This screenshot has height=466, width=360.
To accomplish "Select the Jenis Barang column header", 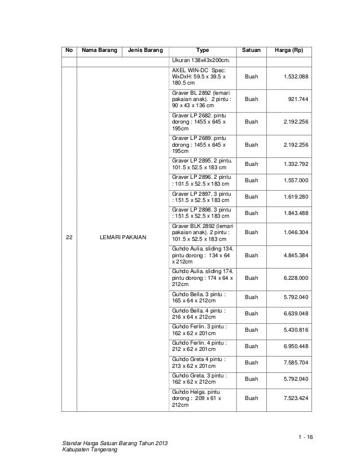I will tap(144, 50).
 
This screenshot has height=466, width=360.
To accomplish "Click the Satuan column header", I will tap(251, 50).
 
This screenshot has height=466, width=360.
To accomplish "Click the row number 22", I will tap(69, 238).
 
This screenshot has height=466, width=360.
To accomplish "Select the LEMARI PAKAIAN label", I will tap(123, 238).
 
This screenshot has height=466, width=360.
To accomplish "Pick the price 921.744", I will tap(298, 98).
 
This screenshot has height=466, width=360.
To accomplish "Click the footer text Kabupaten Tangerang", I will tap(87, 455).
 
